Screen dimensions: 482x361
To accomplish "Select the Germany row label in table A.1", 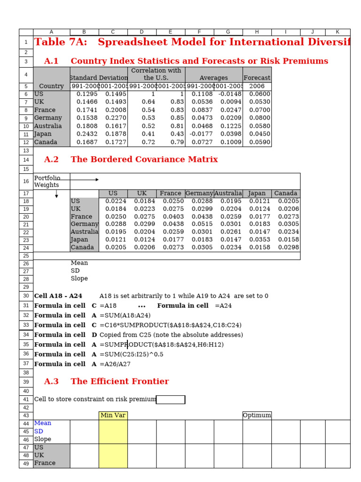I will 48,118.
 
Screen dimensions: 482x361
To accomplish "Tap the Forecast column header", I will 257,78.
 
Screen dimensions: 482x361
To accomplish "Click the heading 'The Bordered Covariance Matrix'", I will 144,160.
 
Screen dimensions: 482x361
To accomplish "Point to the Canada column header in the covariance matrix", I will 286,193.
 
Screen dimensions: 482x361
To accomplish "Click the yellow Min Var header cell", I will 113,415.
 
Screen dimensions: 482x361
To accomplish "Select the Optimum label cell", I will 257,415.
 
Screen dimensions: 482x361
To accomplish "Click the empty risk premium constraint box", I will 171,400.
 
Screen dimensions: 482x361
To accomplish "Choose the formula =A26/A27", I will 115,364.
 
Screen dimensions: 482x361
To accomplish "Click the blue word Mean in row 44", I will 43,423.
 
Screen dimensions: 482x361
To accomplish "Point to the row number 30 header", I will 26,296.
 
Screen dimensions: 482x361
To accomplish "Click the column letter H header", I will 257,32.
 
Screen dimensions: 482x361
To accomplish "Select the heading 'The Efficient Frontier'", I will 119,382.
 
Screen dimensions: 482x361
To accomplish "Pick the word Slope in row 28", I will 79,279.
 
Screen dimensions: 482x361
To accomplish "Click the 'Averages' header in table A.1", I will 214,78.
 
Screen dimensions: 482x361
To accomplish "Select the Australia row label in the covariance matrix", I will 85,232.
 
